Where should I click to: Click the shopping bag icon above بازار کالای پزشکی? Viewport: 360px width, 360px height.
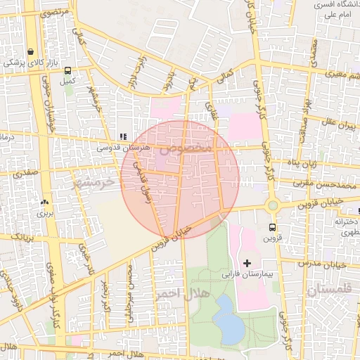(30, 51)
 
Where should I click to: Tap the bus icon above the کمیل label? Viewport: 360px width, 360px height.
(67, 70)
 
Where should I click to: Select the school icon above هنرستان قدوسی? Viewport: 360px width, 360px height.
(123, 136)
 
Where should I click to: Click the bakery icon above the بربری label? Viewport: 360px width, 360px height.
(44, 201)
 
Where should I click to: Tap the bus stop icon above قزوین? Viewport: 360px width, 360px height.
(272, 227)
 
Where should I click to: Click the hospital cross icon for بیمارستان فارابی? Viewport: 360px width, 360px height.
(246, 262)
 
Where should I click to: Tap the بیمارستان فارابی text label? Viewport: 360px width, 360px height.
(242, 273)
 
